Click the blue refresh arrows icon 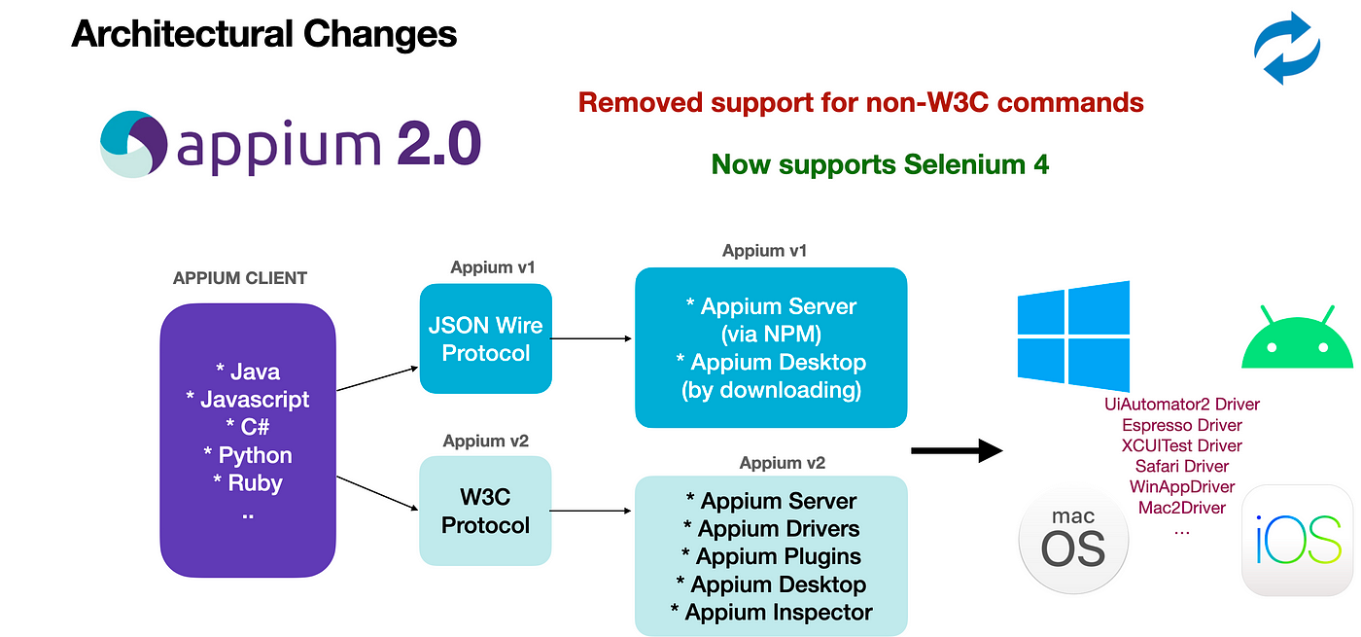click(x=1286, y=48)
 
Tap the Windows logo click(x=1073, y=336)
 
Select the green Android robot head click(x=1297, y=341)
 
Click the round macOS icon click(x=1074, y=539)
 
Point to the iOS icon click(x=1298, y=540)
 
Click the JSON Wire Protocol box click(x=486, y=338)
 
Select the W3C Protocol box click(x=486, y=512)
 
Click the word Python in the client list click(x=255, y=455)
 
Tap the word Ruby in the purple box click(x=255, y=483)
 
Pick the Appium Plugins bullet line click(x=772, y=556)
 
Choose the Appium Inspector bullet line click(x=772, y=613)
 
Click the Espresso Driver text click(x=1182, y=425)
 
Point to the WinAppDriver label click(x=1182, y=486)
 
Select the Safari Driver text click(x=1182, y=466)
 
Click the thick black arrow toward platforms click(x=957, y=450)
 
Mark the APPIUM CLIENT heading click(x=240, y=278)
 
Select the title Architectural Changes click(x=264, y=35)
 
